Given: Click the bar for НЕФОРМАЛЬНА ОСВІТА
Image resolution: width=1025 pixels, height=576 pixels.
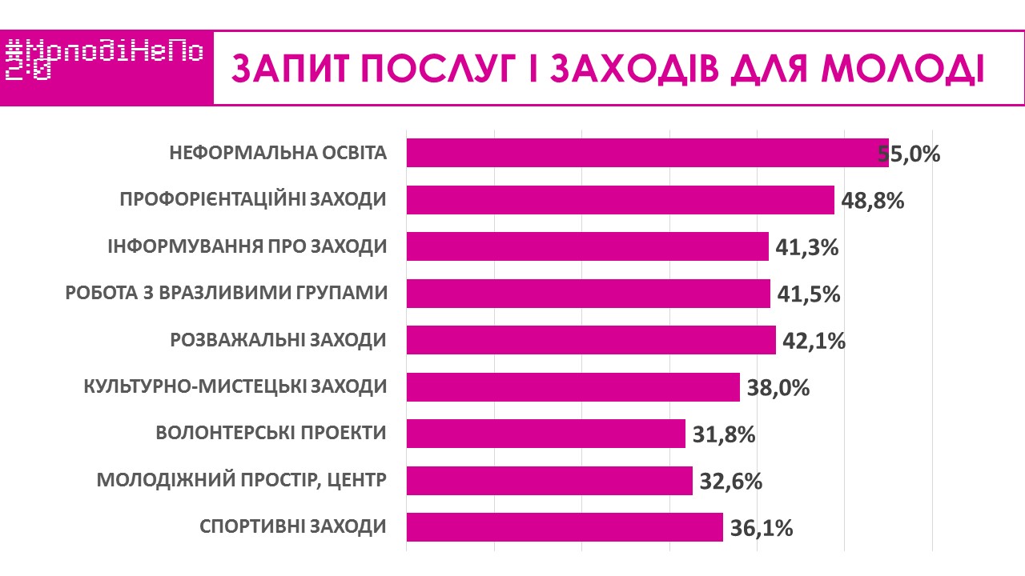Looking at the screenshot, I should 647,153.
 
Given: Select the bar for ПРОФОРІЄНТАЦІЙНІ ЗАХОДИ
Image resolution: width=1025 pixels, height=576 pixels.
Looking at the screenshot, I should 620,200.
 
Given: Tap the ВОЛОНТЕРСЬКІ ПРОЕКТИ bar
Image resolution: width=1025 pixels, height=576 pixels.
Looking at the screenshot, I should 545,434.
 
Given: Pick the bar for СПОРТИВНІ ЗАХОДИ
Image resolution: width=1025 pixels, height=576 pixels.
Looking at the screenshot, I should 565,527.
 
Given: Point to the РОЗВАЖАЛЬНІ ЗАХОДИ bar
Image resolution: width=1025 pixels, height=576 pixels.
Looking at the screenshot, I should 591,340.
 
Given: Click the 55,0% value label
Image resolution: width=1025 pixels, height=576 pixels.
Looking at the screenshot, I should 909,154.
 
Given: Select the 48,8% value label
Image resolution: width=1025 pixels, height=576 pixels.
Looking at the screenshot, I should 873,200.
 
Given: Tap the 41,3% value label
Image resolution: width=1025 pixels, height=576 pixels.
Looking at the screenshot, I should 807,247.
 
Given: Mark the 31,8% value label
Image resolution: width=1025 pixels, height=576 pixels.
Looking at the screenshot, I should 724,434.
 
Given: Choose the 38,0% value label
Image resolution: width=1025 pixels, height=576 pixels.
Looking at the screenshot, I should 778,388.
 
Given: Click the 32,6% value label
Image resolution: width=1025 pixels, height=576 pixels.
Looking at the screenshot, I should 730,482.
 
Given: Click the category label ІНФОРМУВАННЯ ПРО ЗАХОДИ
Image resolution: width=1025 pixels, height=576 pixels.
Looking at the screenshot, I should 247,246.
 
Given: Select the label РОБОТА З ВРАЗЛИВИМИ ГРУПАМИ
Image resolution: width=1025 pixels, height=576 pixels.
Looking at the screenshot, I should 227,294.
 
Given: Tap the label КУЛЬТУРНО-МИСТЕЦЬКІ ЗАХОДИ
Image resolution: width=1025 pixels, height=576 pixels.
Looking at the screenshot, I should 235,387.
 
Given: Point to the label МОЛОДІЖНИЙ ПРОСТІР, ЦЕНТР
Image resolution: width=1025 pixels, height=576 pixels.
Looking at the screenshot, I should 242,481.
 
